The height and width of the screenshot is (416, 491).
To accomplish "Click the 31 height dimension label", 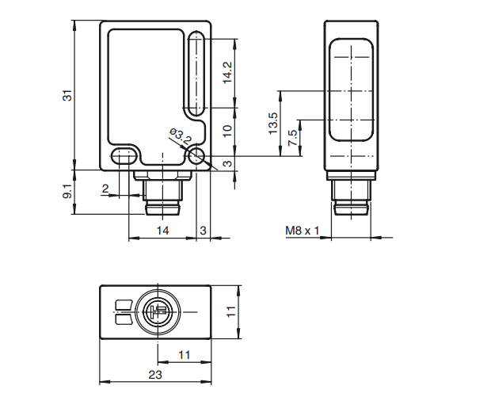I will coord(68,95).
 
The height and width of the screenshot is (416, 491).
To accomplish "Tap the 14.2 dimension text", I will coord(227,73).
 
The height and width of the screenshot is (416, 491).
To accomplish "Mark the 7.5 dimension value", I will coord(292,138).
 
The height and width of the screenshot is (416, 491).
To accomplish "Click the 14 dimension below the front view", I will coord(162,231).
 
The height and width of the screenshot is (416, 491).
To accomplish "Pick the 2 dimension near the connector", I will coord(105,188).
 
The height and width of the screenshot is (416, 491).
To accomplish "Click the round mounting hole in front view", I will coord(196,156).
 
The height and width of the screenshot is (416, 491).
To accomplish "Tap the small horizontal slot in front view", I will coord(122,156).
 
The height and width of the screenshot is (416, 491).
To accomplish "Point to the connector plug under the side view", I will coord(350,193).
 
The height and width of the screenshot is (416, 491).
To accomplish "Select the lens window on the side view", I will coord(350,91).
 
